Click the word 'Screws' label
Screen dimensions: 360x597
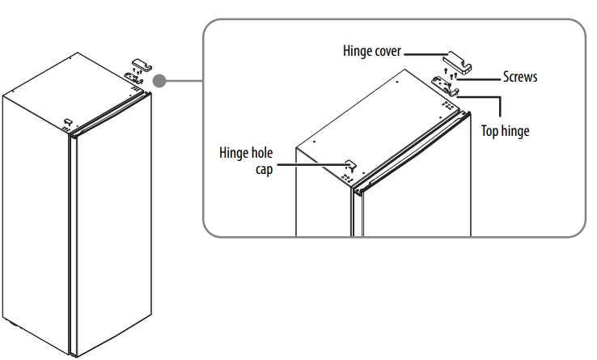520,78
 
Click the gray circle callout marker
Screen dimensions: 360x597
160,80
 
